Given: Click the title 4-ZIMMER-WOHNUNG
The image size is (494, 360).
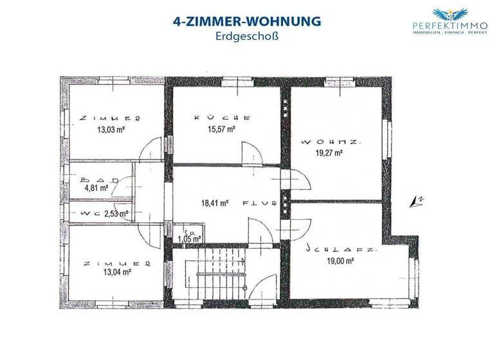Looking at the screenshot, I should [247, 22].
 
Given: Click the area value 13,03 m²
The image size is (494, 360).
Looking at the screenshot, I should [111, 129].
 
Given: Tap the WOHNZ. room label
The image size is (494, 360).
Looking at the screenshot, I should [329, 141].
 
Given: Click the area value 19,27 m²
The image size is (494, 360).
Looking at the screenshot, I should [329, 153].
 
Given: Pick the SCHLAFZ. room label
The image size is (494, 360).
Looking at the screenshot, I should [332, 247].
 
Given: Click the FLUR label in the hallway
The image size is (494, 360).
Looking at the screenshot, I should [259, 203].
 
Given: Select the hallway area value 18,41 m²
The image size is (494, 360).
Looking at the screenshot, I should [215, 203].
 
